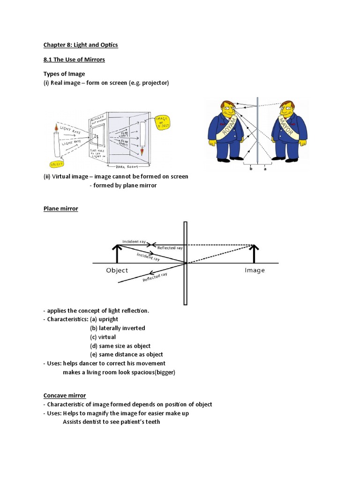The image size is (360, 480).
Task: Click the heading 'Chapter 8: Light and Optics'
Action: click(81, 45)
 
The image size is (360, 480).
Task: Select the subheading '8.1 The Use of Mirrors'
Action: click(74, 60)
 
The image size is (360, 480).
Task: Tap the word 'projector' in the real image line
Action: click(153, 83)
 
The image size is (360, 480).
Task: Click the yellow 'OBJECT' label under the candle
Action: click(58, 164)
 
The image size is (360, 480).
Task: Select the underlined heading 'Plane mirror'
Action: click(60, 209)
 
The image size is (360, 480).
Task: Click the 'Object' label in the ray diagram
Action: click(117, 270)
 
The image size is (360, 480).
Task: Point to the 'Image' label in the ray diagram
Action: click(255, 270)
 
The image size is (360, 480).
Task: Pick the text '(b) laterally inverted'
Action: click(117, 328)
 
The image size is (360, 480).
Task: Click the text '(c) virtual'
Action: click(103, 337)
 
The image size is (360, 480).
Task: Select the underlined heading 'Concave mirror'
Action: click(65, 396)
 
